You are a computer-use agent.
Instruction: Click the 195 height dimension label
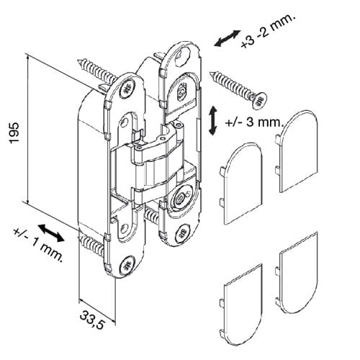click(x=14, y=132)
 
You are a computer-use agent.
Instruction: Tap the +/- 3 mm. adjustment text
click(x=255, y=122)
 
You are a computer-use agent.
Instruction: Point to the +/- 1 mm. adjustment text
click(x=38, y=246)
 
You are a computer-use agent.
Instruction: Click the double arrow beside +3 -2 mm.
click(x=228, y=38)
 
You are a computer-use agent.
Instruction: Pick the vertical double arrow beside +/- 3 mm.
click(x=212, y=121)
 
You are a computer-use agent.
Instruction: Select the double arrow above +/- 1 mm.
click(x=51, y=233)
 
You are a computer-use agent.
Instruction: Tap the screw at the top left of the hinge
click(x=97, y=71)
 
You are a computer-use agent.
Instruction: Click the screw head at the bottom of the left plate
click(x=127, y=266)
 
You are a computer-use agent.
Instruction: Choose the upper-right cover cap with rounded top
click(x=297, y=151)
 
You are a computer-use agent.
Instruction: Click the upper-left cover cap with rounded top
click(x=241, y=184)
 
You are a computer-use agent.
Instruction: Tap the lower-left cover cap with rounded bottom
click(x=241, y=305)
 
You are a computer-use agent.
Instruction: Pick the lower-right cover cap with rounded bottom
click(x=297, y=273)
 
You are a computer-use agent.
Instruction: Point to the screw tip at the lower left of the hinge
click(x=80, y=238)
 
